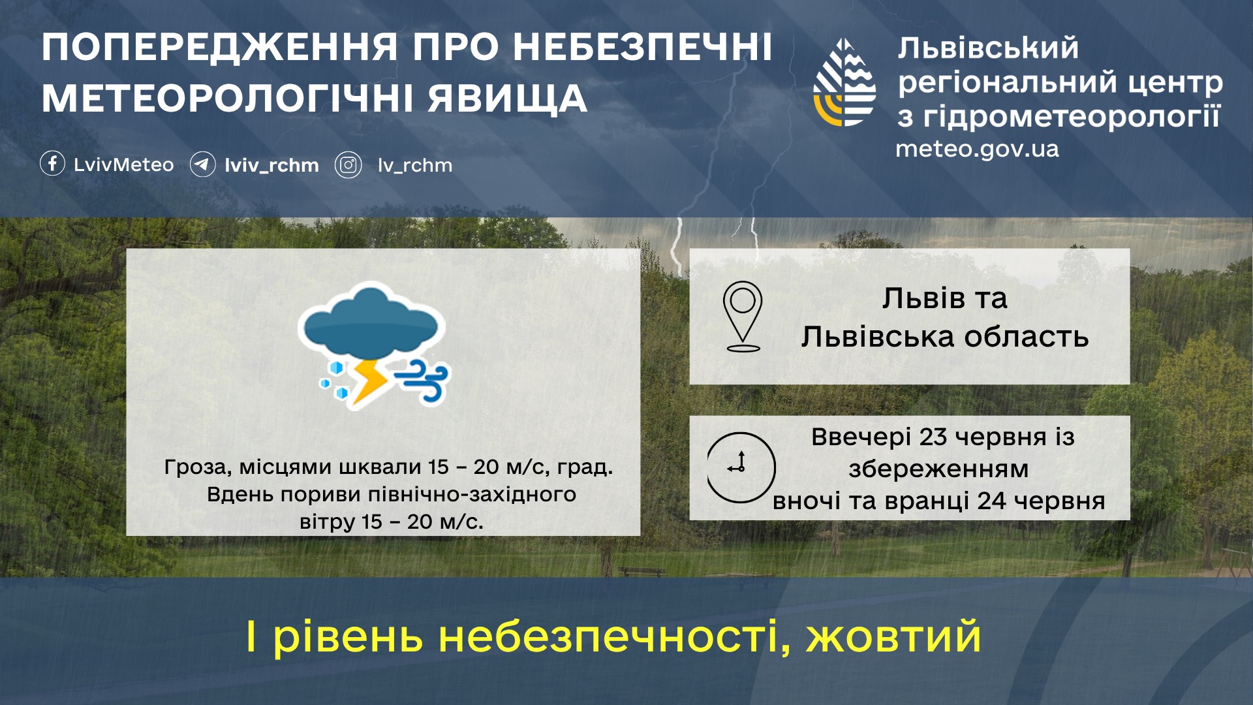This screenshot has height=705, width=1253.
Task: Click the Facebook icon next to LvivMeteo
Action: point(52,163)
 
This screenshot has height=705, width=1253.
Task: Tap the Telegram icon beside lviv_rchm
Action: point(202,164)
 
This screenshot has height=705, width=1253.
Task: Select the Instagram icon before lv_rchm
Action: point(348,165)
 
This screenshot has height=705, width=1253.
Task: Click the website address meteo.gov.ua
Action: point(977,149)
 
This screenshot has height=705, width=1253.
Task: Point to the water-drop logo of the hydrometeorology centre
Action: point(844,82)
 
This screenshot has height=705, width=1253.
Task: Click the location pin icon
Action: point(743,316)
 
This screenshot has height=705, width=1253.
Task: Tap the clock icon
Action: point(741,467)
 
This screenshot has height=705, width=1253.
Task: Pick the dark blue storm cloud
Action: point(371,324)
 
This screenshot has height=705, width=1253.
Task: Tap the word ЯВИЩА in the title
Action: point(508,99)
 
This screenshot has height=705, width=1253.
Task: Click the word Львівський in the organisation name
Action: point(988,48)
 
